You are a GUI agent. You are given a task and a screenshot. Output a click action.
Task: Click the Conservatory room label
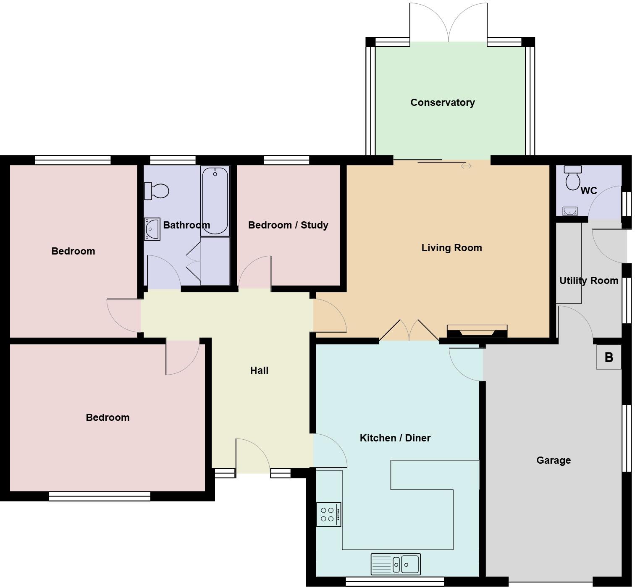tap(442, 102)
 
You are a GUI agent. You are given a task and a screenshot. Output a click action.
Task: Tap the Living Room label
tap(451, 248)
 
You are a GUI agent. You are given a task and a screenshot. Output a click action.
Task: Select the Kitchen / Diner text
tap(395, 438)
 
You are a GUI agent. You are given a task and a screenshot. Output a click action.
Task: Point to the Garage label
tap(553, 460)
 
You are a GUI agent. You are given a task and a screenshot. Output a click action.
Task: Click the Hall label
tap(259, 370)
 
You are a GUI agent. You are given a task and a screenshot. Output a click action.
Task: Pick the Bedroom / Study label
tap(288, 225)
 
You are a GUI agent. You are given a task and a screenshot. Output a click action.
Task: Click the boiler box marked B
tap(609, 357)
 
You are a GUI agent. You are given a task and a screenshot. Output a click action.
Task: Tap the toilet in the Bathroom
tap(156, 191)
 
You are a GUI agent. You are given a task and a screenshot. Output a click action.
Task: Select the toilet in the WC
tap(573, 178)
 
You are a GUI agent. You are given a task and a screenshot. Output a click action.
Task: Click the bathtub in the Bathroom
tap(215, 201)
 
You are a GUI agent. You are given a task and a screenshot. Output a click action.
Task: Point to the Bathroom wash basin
tap(152, 229)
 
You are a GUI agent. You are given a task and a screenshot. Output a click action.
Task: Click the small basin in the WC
tap(569, 211)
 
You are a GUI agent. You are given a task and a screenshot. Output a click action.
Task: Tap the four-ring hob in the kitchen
tap(328, 514)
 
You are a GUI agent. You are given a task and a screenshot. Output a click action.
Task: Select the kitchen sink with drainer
tap(395, 564)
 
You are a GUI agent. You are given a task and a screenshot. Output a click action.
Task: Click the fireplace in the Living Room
tap(477, 331)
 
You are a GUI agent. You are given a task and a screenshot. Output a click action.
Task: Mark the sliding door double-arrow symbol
tap(466, 166)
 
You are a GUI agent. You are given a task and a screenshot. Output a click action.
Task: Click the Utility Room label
tap(588, 281)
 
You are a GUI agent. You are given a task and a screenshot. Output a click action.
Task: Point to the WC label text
tap(588, 191)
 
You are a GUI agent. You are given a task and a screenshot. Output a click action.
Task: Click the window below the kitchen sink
tap(395, 582)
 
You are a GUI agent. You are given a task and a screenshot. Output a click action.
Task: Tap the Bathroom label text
tap(186, 225)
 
